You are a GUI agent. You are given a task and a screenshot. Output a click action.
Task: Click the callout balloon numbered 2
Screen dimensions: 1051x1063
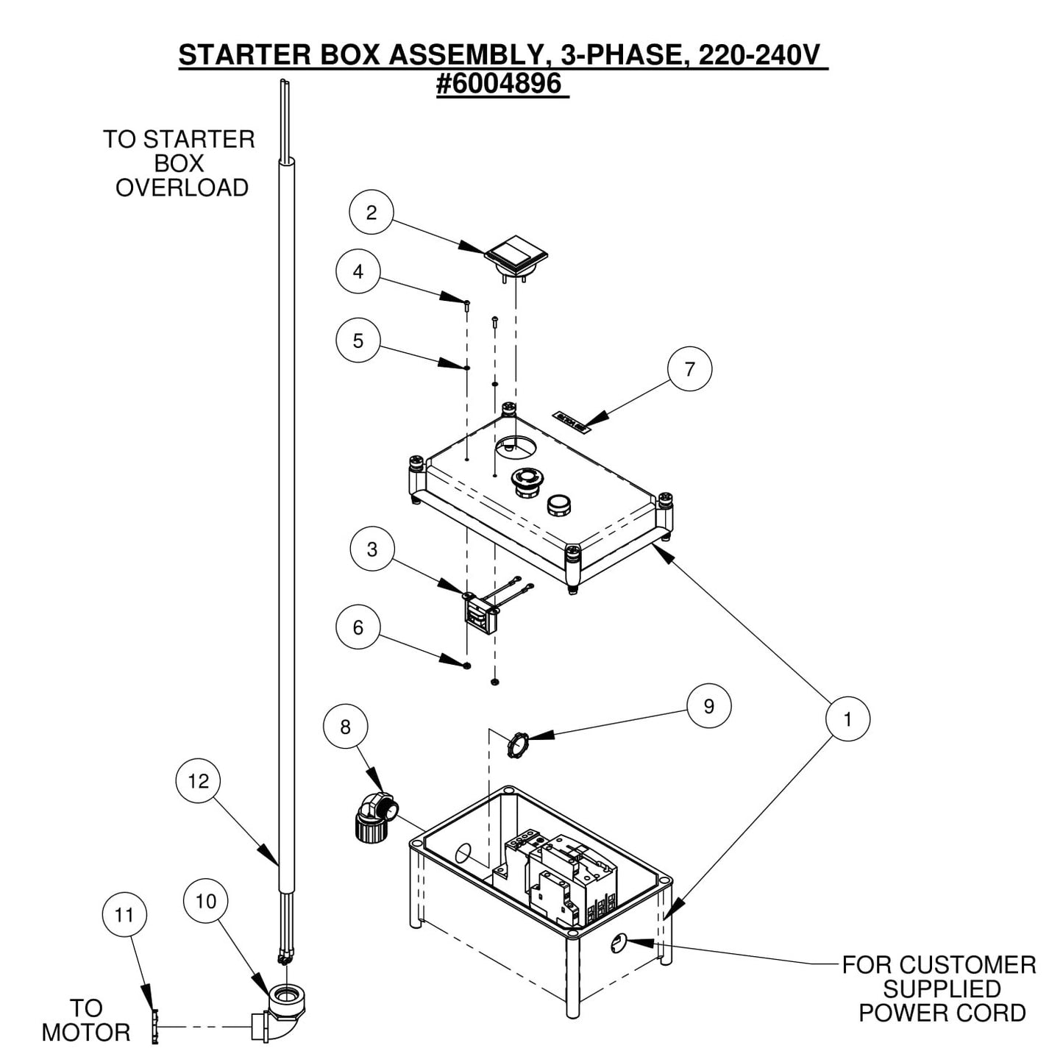point(371,213)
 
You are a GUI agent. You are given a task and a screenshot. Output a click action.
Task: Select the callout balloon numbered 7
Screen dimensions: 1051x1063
point(689,368)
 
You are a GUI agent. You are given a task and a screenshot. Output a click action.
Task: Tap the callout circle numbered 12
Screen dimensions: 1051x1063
point(199,781)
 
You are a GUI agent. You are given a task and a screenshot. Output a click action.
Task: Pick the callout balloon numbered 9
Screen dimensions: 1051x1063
point(708,706)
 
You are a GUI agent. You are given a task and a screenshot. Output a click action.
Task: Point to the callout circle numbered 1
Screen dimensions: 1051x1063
point(847,719)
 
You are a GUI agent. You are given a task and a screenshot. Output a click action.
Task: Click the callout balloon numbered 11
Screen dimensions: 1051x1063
point(124,915)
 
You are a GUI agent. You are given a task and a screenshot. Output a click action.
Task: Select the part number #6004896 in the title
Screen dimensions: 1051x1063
point(502,85)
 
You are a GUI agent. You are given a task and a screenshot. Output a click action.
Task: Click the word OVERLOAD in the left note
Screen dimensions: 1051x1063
point(182,188)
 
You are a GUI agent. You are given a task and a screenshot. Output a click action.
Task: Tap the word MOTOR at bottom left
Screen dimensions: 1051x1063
point(85,1032)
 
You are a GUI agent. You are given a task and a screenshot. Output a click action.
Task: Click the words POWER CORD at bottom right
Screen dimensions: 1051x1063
point(942,1013)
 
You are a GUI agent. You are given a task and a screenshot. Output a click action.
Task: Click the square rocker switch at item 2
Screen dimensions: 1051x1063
point(516,254)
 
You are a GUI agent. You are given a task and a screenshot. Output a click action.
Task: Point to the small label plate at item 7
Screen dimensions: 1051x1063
point(572,421)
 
